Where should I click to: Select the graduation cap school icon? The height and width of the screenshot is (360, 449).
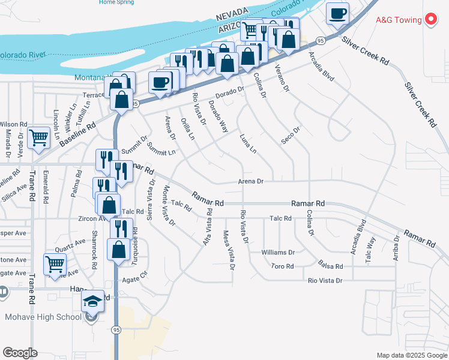click(x=92, y=300)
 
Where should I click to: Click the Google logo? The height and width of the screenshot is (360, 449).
click(x=20, y=353)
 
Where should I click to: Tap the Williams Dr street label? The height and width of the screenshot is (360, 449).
click(x=278, y=253)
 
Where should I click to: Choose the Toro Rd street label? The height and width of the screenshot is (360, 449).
click(x=282, y=266)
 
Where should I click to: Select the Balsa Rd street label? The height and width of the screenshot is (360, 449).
click(x=331, y=266)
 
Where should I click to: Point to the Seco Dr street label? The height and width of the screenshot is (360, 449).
click(x=291, y=136)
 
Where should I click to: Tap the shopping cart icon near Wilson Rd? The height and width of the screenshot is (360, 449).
click(x=39, y=137)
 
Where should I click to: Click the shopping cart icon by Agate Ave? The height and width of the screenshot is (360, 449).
click(x=55, y=263)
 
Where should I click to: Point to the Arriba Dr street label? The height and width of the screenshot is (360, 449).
click(x=397, y=246)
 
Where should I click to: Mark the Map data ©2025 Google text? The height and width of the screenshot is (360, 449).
click(x=411, y=355)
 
